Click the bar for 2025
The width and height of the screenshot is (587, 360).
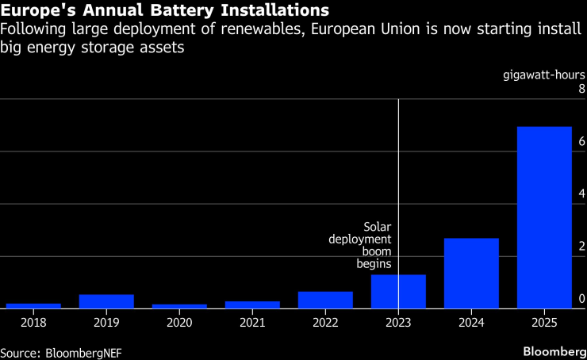(544, 217)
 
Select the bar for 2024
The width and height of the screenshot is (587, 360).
(471, 273)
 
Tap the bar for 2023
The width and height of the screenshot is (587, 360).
(398, 291)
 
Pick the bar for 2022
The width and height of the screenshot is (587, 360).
(325, 300)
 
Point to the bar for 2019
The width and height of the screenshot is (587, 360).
(106, 301)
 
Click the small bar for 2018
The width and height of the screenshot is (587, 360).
(33, 305)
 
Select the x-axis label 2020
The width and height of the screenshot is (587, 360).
(179, 324)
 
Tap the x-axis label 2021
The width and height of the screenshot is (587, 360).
(252, 324)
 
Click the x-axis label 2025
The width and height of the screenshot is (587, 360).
(544, 324)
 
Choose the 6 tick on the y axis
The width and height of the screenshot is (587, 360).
(582, 141)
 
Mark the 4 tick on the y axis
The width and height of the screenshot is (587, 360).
(582, 193)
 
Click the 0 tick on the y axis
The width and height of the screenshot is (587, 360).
(582, 299)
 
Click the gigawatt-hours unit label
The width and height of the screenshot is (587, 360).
(544, 75)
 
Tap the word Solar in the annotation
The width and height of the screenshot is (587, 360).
(378, 226)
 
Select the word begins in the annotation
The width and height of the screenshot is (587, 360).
(377, 264)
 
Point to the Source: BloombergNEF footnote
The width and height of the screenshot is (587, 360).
(61, 350)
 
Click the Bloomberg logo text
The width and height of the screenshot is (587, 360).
(552, 350)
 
